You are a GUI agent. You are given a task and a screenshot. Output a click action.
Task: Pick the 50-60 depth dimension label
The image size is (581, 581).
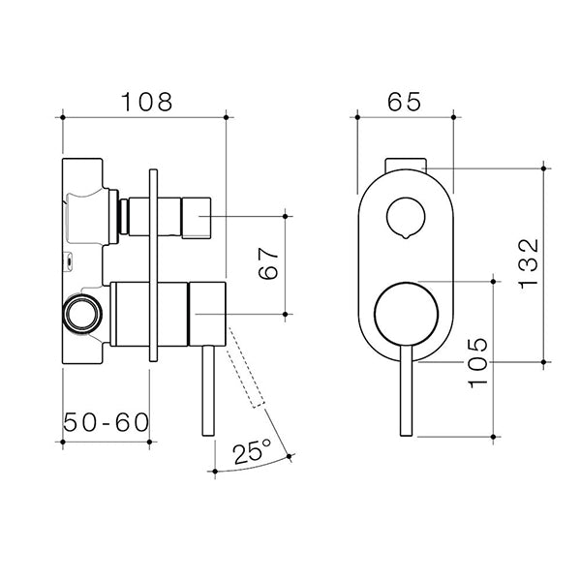coord(106,423)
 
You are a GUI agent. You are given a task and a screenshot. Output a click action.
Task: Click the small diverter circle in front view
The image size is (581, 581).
coord(405,219)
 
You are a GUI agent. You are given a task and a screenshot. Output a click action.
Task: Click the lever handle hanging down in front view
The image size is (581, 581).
coord(403,397)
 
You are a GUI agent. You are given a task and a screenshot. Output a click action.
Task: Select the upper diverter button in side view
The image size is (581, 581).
coord(172,216)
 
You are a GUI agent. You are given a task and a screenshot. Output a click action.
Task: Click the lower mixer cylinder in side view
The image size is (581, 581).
coord(169,314)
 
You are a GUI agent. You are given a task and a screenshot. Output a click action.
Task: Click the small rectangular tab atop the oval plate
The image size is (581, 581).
coord(407,163)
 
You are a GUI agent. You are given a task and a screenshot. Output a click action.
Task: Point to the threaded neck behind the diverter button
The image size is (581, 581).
coord(122,216)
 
